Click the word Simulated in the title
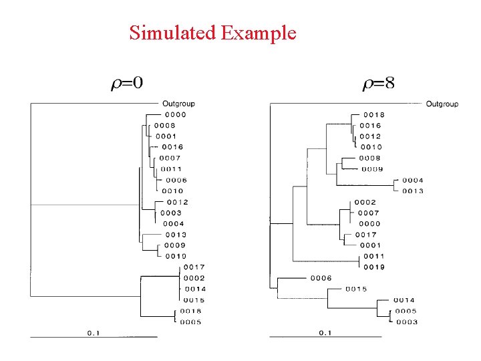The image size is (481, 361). [172, 33]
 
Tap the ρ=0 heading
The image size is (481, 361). [127, 83]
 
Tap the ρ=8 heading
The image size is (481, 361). [379, 83]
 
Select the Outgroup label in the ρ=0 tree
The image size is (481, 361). [178, 104]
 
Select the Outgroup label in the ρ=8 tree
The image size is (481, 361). [442, 104]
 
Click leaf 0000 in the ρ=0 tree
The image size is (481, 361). [176, 115]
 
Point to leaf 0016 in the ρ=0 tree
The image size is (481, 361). [172, 147]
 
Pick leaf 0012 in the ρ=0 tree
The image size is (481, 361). [178, 203]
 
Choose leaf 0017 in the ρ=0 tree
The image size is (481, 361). [194, 267]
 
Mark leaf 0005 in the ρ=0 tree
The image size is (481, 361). [190, 322]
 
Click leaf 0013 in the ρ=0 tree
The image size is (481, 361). [176, 235]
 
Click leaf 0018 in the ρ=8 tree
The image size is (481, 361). [374, 115]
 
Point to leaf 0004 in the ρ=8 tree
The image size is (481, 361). [413, 180]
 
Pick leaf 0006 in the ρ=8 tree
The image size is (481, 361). [321, 278]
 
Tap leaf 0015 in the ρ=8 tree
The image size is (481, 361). [356, 289]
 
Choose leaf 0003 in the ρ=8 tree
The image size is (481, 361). [407, 322]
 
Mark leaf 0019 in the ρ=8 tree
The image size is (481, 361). [374, 267]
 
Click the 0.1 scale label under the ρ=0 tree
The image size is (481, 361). [94, 333]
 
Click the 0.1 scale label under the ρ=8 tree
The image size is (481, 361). [325, 333]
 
